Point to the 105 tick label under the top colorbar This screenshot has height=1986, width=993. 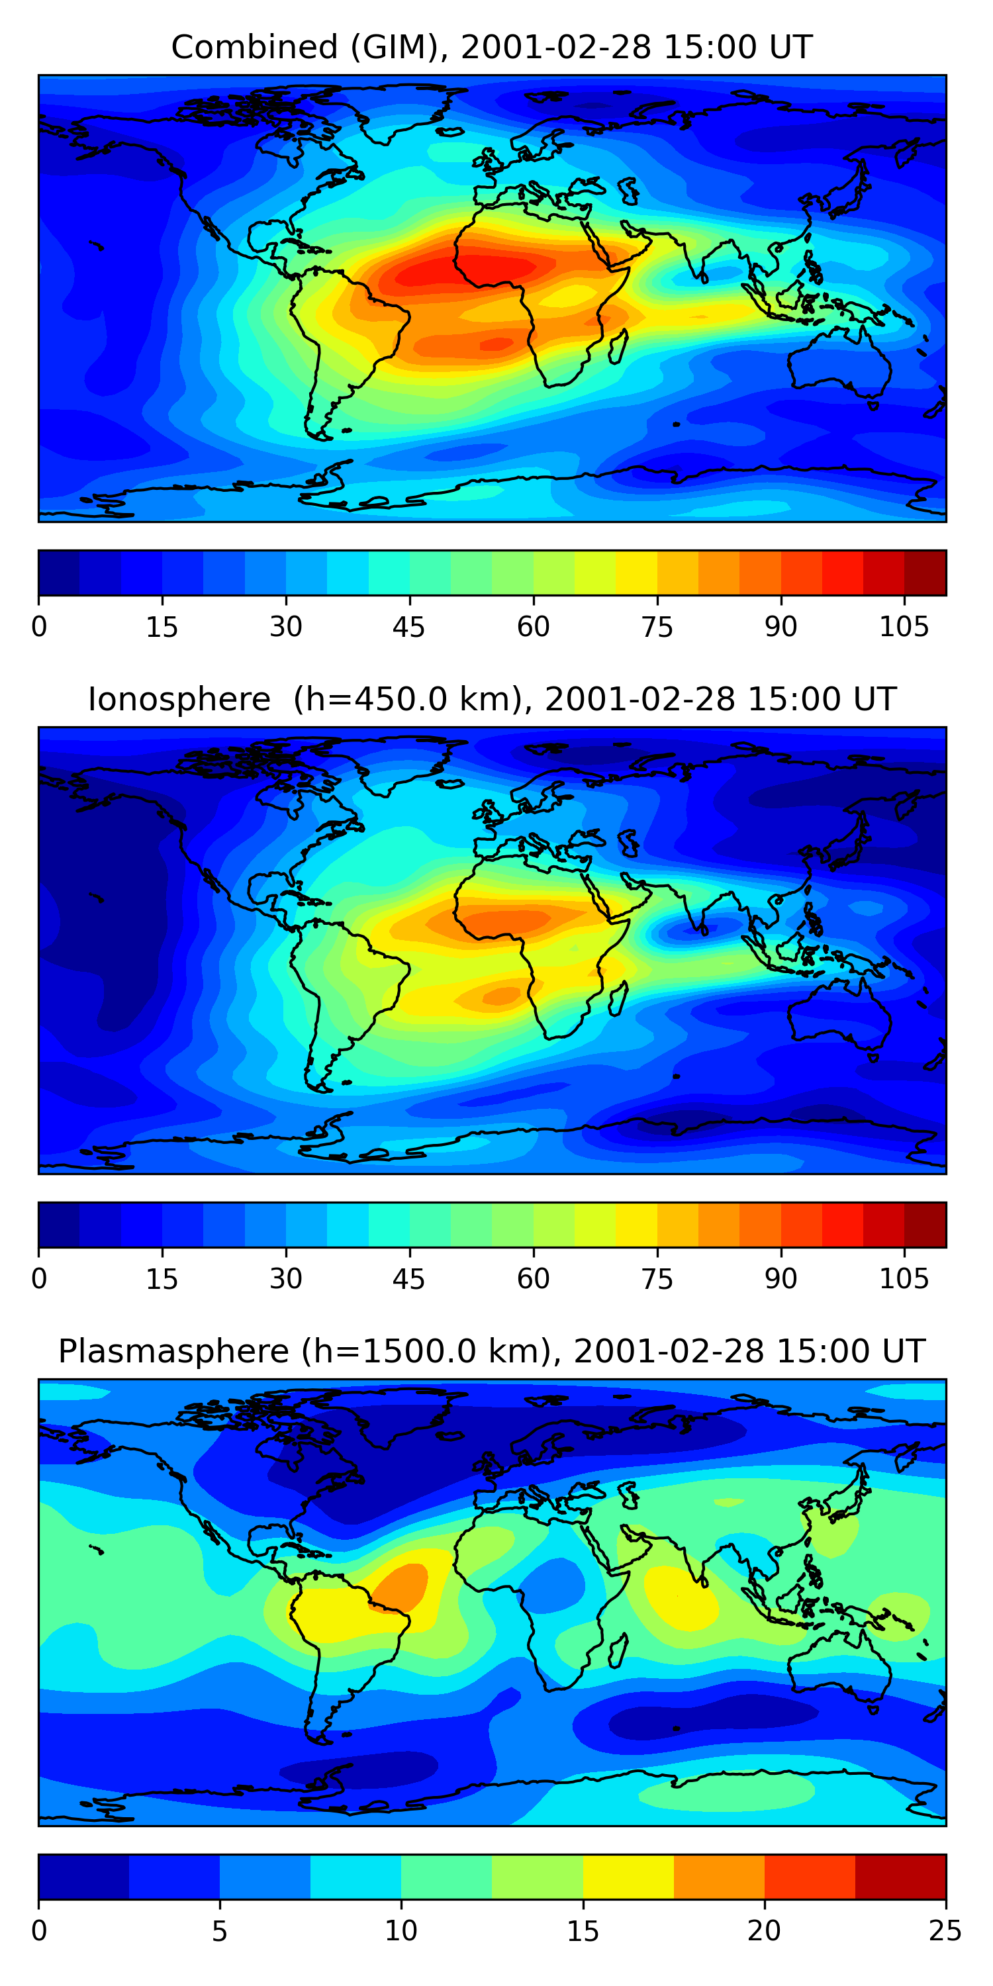[904, 628]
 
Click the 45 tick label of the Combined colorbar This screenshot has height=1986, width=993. [408, 628]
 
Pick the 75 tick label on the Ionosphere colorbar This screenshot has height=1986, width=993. [657, 1279]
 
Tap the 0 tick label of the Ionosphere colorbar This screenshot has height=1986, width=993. [39, 1279]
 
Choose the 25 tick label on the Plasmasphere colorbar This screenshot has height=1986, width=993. [945, 1931]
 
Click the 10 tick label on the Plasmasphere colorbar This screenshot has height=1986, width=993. [401, 1931]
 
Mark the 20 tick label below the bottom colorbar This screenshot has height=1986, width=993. [764, 1931]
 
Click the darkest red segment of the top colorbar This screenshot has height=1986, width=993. [925, 573]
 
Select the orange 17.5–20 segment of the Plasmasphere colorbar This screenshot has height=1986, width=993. [718, 1877]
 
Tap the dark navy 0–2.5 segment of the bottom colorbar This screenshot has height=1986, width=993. [83, 1877]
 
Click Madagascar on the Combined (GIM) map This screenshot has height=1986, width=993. [618, 347]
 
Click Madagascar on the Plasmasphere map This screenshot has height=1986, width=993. [618, 1652]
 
